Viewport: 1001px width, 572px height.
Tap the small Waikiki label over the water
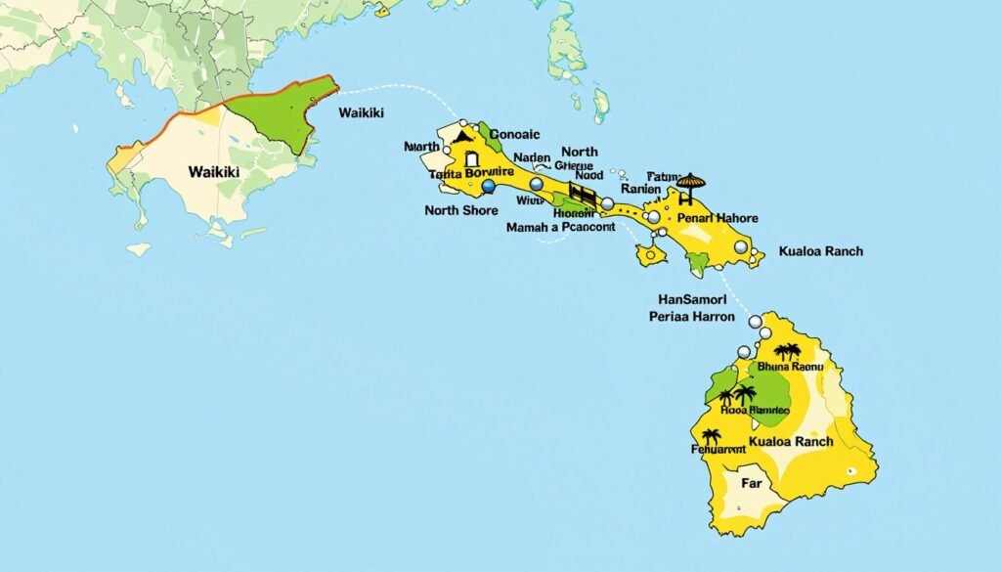point(361,113)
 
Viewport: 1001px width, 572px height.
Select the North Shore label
point(461,210)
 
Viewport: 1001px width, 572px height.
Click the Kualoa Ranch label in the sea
point(821,251)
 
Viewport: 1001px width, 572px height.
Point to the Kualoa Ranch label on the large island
point(790,441)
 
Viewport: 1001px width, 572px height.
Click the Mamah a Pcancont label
point(560,227)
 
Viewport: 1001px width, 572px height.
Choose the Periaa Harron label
point(692,317)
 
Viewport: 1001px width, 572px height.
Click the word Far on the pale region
point(751,483)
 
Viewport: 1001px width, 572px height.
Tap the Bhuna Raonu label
point(791,367)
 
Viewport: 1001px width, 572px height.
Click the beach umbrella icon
point(690,183)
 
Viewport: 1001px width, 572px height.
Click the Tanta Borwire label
point(470,173)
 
